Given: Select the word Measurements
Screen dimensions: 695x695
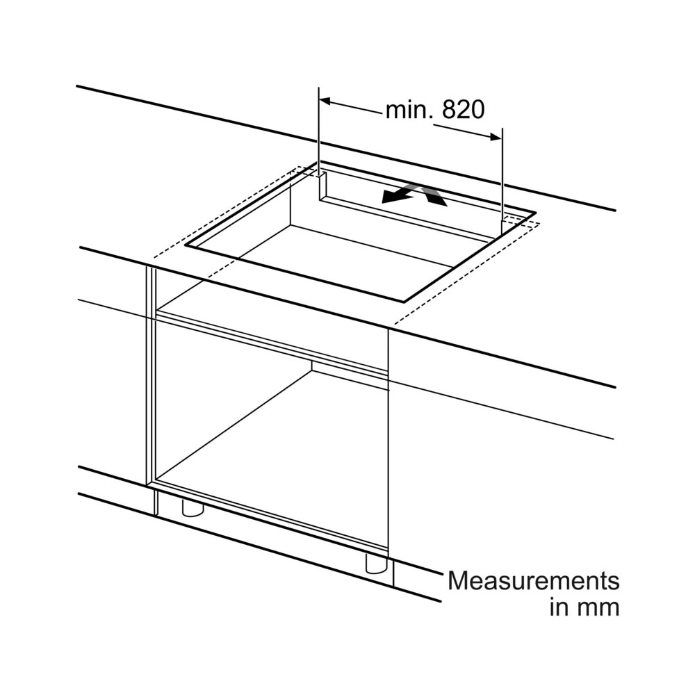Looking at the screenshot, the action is point(534,580).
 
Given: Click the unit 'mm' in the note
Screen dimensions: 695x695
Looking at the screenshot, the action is point(600,607).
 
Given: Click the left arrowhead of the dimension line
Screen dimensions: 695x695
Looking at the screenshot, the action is point(325,101).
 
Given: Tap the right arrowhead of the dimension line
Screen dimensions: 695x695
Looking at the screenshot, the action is point(496,137).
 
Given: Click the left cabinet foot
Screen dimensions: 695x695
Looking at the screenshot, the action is point(193,508).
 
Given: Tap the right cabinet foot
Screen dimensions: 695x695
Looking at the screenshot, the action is point(377,564).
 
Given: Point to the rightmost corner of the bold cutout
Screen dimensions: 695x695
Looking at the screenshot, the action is point(535,213).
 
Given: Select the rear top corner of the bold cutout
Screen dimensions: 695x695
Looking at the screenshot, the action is point(320,162).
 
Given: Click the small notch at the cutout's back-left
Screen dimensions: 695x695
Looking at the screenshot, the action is point(323,186).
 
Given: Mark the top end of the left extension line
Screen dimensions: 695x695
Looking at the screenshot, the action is point(319,88).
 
